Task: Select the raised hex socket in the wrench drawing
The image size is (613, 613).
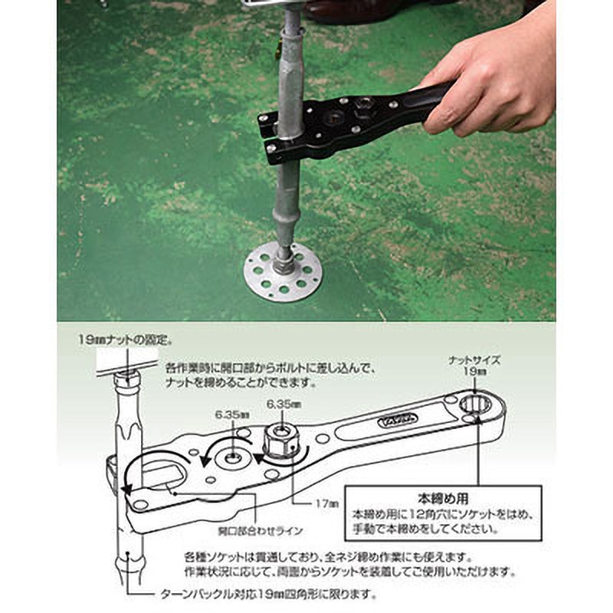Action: point(279,443)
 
